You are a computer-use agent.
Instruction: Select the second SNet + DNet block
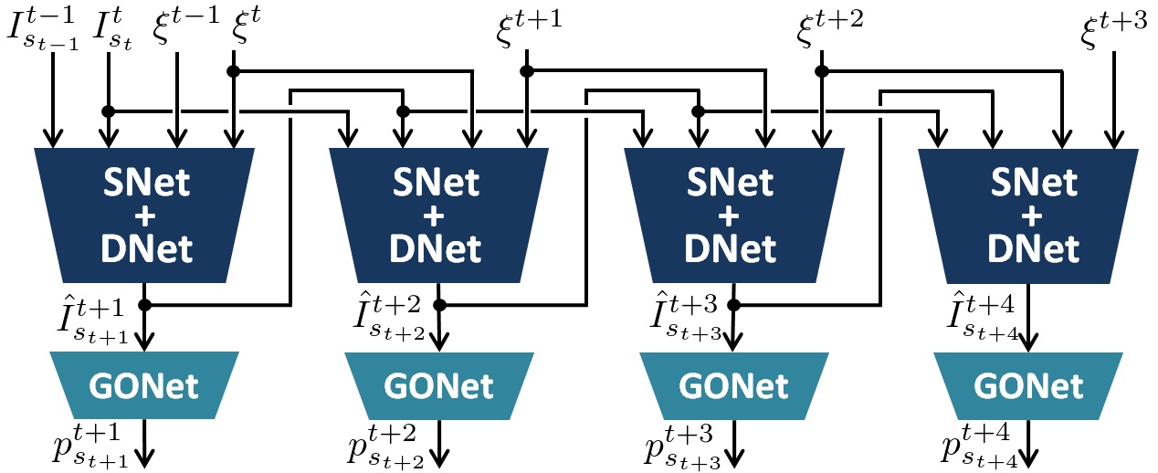pyautogui.click(x=438, y=215)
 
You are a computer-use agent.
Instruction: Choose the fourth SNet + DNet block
pyautogui.click(x=1027, y=215)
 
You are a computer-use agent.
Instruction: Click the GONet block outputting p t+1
pyautogui.click(x=143, y=386)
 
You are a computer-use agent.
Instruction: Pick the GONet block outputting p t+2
pyautogui.click(x=438, y=386)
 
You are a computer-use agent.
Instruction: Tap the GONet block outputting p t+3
pyautogui.click(x=732, y=386)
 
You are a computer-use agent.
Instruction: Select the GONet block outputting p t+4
pyautogui.click(x=1027, y=386)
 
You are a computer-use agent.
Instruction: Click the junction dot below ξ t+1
pyautogui.click(x=527, y=69)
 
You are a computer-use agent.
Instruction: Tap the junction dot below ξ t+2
pyautogui.click(x=822, y=69)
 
